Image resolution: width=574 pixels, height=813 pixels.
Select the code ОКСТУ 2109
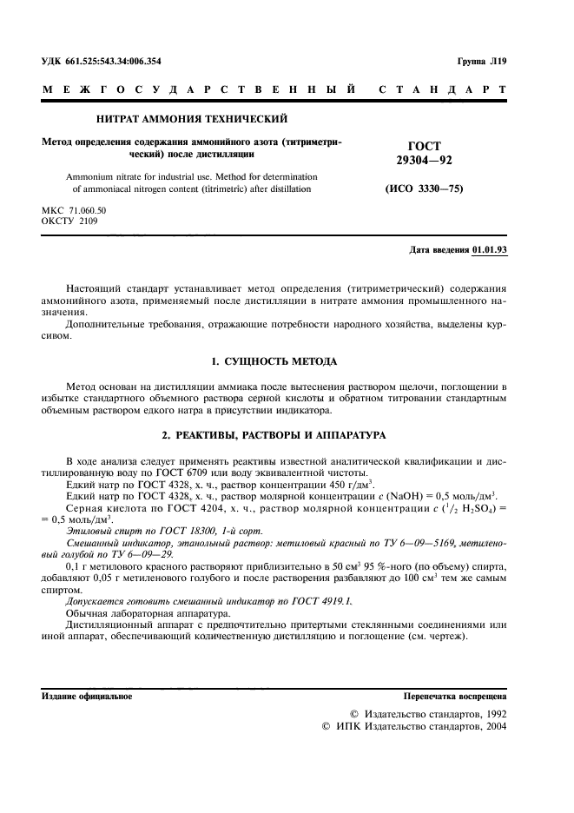pyautogui.click(x=70, y=221)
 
